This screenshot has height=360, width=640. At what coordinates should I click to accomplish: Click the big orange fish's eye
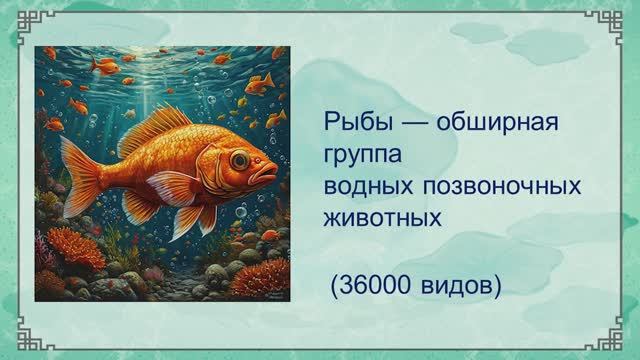point(239,158)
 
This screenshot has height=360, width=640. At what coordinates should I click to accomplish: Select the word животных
point(382,215)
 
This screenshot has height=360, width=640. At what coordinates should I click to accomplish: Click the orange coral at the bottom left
point(75,246)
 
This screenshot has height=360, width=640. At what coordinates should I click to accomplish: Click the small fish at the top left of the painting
point(105,66)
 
